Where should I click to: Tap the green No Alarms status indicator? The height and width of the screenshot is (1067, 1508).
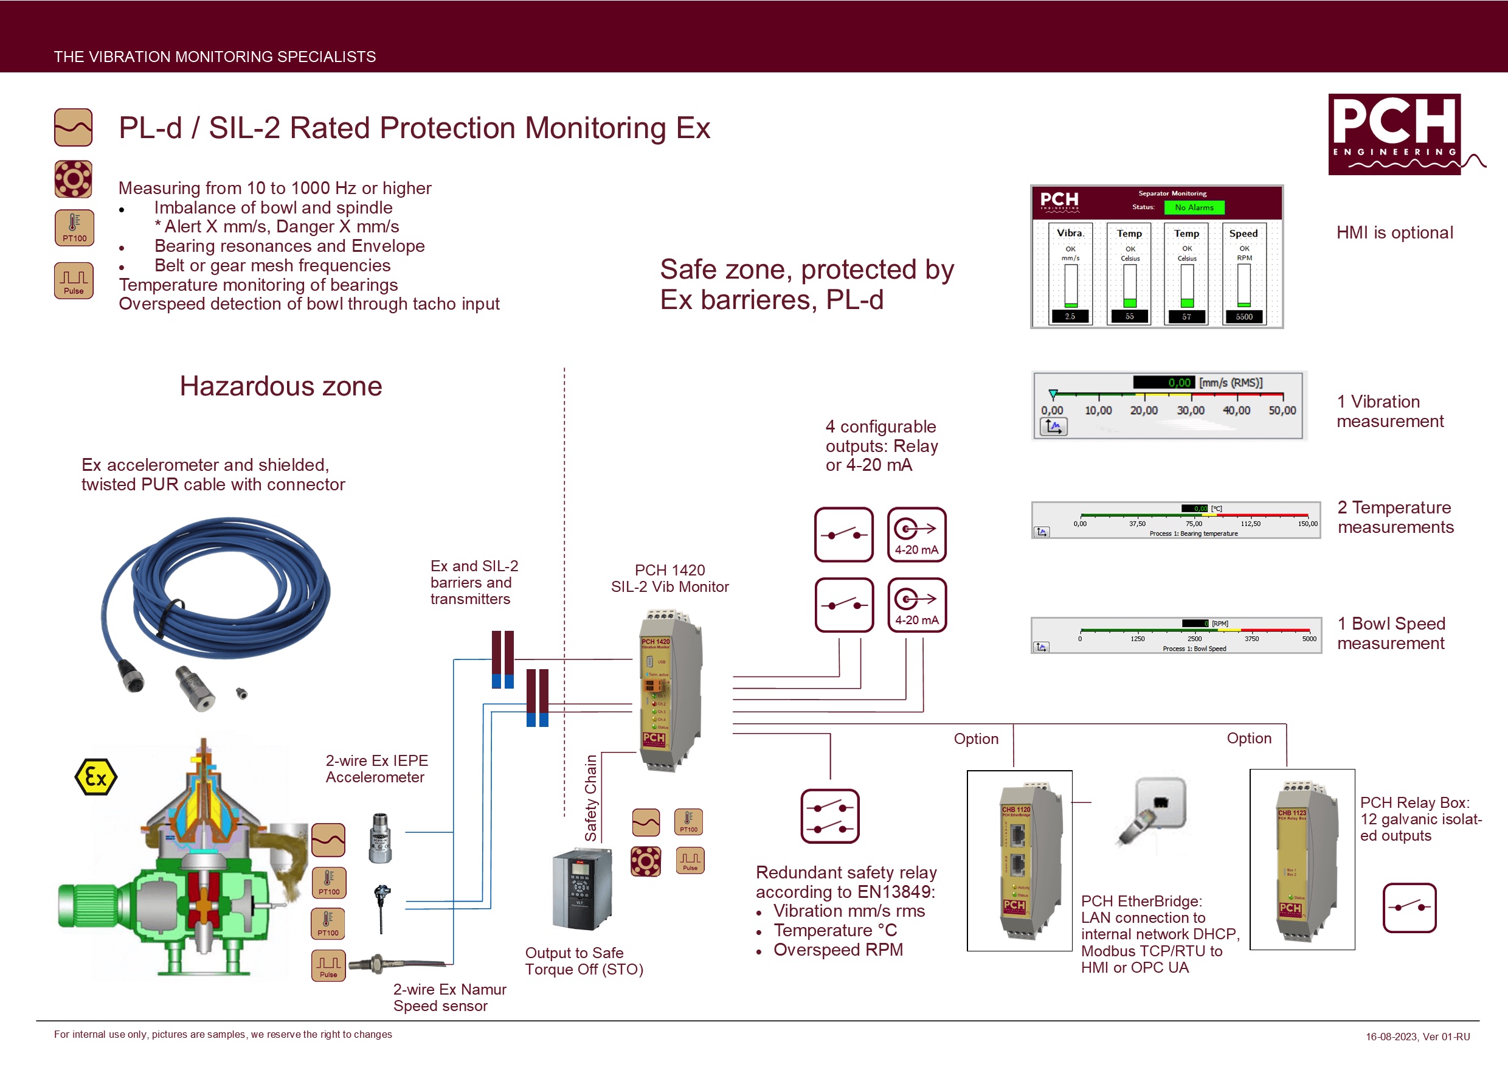point(1194,207)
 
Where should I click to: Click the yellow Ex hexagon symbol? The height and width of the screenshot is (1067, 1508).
point(96,777)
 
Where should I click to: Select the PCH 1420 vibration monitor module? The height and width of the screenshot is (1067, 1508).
point(669,690)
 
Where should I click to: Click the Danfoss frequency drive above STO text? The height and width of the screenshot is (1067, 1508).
point(581,888)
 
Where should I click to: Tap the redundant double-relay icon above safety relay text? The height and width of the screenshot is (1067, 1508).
point(829,816)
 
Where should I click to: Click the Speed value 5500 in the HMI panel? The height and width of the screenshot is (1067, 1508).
point(1244,317)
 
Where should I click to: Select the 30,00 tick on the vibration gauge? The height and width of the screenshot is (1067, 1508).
point(1190,410)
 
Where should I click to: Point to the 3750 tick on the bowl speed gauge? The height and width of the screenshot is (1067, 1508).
point(1251,639)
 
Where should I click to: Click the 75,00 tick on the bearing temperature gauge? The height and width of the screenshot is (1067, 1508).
point(1194,524)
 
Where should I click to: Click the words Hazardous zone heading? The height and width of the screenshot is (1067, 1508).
point(280,386)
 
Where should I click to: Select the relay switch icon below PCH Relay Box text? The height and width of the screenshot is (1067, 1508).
point(1409,908)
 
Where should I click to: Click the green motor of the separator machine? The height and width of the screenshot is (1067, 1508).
point(89,905)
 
